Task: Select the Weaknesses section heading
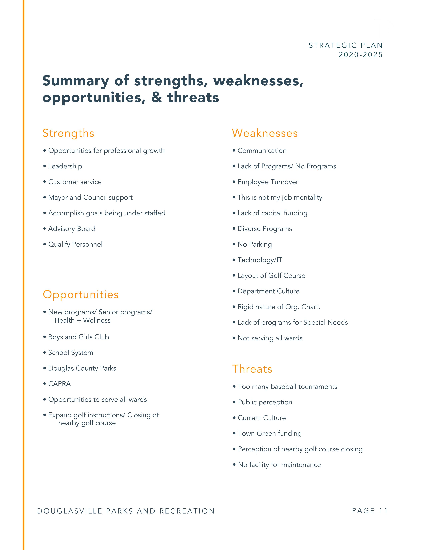[x=265, y=133]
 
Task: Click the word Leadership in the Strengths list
[x=65, y=166]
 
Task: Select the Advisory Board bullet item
[x=72, y=229]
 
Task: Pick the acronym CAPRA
[x=59, y=384]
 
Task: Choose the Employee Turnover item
[x=268, y=182]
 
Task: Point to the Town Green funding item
[x=270, y=433]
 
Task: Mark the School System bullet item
[x=70, y=352]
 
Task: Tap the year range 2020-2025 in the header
[x=360, y=55]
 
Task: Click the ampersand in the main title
[x=157, y=97]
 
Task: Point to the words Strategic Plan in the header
[x=345, y=45]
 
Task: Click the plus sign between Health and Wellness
[x=79, y=320]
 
